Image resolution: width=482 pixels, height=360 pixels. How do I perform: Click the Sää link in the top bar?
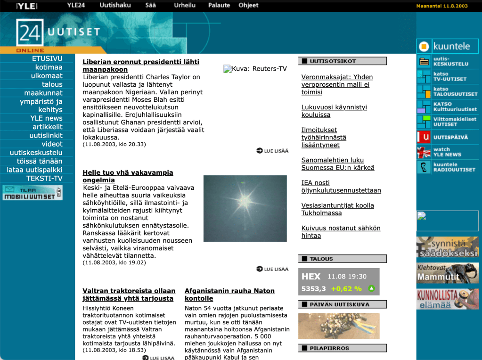coord(150,5)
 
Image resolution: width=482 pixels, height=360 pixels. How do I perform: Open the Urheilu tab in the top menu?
coord(184,5)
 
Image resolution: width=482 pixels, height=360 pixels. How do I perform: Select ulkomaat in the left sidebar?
coord(47,76)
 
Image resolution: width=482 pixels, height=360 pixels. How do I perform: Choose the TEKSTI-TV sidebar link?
coord(44,178)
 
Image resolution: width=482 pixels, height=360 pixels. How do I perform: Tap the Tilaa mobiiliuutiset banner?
coord(32,193)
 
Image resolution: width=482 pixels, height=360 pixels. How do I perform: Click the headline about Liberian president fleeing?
coord(140,65)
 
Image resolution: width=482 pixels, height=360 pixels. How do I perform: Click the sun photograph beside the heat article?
coord(245,208)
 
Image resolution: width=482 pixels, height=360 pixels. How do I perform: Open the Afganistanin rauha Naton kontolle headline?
coord(229,295)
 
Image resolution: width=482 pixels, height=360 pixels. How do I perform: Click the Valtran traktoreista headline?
coord(129,295)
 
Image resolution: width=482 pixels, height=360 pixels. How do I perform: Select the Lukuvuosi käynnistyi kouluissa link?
coord(334,111)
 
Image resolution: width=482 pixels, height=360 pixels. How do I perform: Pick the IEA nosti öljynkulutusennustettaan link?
coord(341,186)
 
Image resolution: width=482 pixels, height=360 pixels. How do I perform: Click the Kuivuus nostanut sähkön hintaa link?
coord(341,231)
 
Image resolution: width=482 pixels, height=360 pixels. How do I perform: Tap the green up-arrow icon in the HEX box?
coord(371,288)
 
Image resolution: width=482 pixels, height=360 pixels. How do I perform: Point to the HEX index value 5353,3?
coord(314,288)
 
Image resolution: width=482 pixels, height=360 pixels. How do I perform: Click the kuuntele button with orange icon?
coord(447,46)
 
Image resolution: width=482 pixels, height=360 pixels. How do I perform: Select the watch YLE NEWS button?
coord(447,152)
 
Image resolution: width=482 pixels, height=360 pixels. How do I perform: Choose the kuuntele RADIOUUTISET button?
coord(447,167)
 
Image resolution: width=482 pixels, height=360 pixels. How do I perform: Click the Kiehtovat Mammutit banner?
coord(447,273)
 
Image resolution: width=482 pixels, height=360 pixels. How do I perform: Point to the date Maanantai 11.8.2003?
coord(441,6)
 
